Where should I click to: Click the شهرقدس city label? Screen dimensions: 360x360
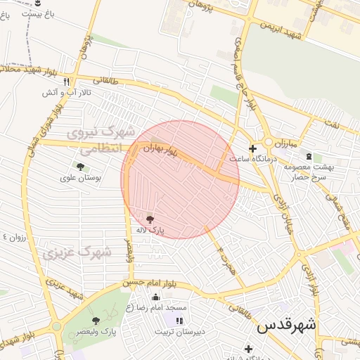(287, 325)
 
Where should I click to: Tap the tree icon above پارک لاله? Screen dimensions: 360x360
(150, 219)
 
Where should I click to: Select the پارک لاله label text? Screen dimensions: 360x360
(150, 230)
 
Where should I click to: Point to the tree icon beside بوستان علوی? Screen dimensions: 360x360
(79, 167)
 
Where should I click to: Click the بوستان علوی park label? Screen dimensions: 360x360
(82, 178)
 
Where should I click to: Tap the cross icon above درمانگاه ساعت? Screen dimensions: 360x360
(252, 148)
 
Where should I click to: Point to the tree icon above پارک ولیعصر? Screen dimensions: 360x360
(96, 321)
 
